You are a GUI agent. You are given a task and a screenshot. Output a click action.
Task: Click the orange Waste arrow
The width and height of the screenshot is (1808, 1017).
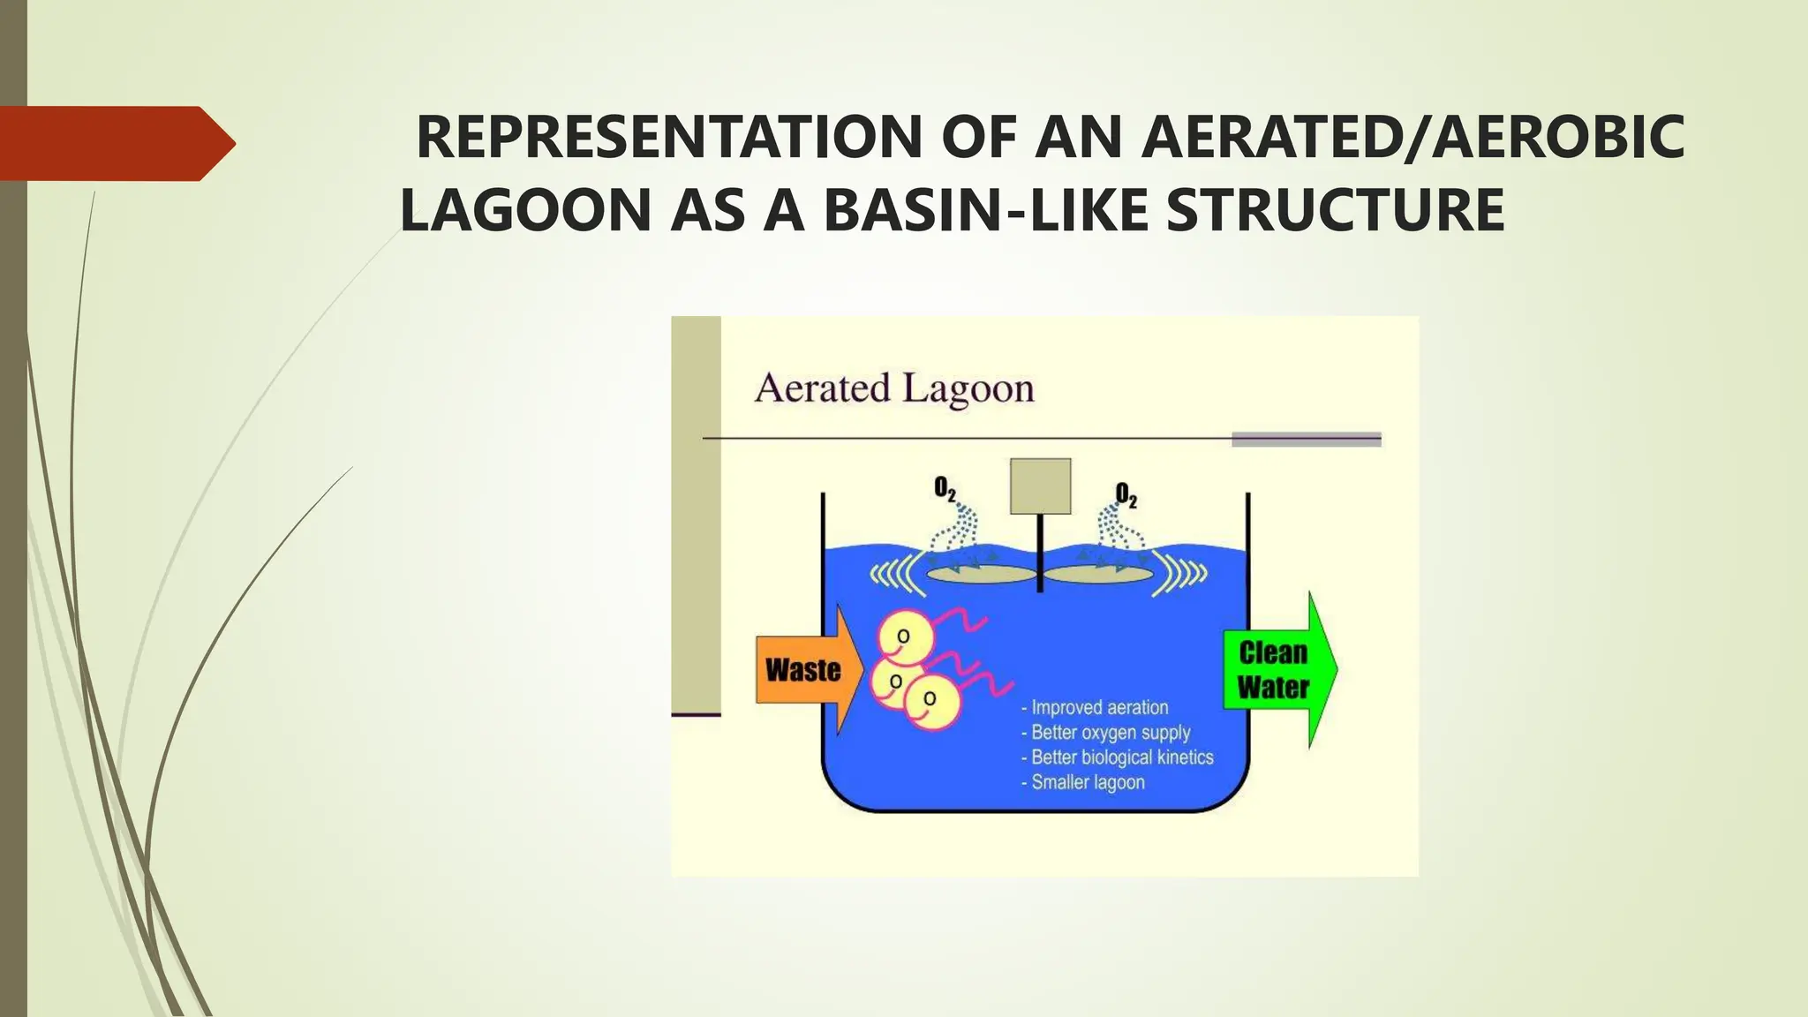tap(803, 670)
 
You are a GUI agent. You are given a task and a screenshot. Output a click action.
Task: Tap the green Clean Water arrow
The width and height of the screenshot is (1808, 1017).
tap(1276, 670)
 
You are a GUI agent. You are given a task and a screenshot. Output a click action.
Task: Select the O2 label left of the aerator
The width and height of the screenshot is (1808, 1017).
tap(945, 489)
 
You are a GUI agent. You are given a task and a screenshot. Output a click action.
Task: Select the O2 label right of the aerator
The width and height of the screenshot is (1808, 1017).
tap(1126, 494)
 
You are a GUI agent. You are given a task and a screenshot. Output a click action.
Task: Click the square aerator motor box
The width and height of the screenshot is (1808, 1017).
tap(1040, 486)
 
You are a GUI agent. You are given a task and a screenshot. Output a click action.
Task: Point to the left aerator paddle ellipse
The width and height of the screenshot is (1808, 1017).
tap(980, 575)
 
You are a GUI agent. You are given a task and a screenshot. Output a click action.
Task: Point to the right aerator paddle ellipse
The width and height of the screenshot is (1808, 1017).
tap(1099, 575)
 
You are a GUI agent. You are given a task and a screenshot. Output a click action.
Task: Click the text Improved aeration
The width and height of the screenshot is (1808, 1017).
tap(1099, 707)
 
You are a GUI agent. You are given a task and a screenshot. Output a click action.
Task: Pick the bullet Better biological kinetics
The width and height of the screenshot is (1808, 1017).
tap(1121, 757)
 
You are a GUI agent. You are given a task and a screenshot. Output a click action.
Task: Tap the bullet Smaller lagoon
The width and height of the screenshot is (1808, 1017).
tap(1087, 782)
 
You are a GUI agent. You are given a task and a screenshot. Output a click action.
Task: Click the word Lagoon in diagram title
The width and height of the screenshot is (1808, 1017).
tap(968, 389)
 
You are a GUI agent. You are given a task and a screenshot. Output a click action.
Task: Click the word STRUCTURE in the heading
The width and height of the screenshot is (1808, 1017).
tap(1335, 210)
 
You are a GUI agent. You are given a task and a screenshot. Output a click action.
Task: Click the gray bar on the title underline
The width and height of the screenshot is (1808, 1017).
tap(1306, 440)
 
